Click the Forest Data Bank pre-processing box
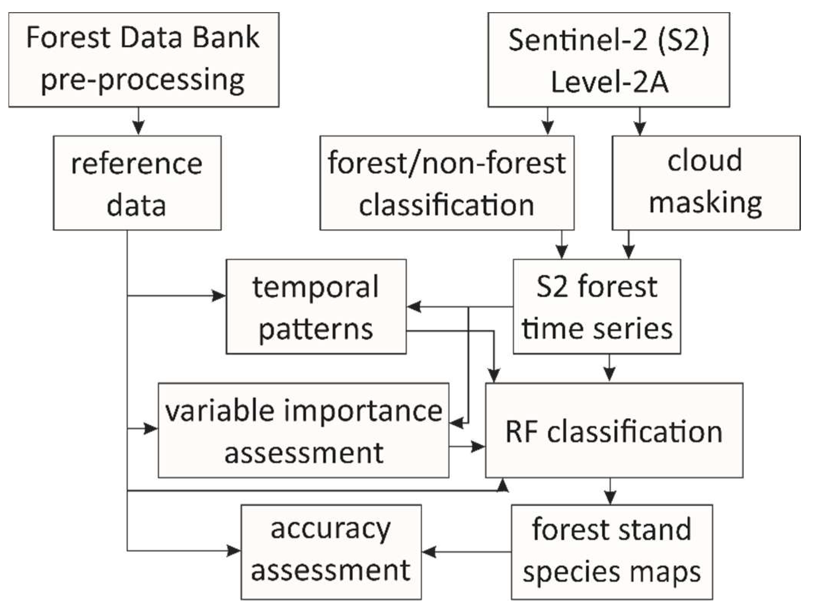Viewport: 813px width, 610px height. click(144, 60)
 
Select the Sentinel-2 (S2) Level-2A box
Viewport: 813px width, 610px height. click(608, 60)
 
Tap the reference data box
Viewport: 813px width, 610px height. click(137, 183)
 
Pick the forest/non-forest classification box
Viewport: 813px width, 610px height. click(447, 183)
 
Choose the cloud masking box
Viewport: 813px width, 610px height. click(706, 183)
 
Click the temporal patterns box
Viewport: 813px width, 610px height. click(316, 307)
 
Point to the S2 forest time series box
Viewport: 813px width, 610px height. click(597, 307)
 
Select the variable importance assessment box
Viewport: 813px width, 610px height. click(303, 430)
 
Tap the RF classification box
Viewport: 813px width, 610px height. click(614, 430)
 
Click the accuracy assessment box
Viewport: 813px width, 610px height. click(331, 552)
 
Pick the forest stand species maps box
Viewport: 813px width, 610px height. click(611, 552)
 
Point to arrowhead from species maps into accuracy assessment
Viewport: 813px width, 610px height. click(430, 552)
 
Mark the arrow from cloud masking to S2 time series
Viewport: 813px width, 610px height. click(629, 245)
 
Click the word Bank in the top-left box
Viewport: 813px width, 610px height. click(226, 38)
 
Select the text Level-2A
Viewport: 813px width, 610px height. click(610, 82)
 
